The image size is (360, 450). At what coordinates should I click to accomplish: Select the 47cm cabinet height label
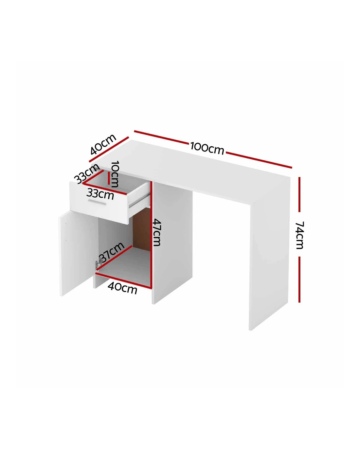click(157, 232)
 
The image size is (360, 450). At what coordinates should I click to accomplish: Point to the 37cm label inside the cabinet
click(111, 252)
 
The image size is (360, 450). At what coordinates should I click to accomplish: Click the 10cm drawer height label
click(115, 174)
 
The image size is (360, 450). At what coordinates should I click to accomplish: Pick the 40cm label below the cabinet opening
click(123, 288)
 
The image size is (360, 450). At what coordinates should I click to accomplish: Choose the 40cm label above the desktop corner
click(103, 144)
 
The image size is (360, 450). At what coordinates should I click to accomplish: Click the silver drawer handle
click(97, 202)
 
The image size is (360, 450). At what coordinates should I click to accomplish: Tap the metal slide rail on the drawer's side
click(139, 201)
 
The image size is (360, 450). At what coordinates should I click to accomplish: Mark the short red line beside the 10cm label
click(109, 178)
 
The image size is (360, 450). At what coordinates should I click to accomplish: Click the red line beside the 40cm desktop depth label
click(109, 149)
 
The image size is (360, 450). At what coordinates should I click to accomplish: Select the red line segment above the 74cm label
click(299, 194)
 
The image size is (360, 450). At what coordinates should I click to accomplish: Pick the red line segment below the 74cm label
click(299, 279)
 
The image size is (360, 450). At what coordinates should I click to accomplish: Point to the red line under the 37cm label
click(114, 258)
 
